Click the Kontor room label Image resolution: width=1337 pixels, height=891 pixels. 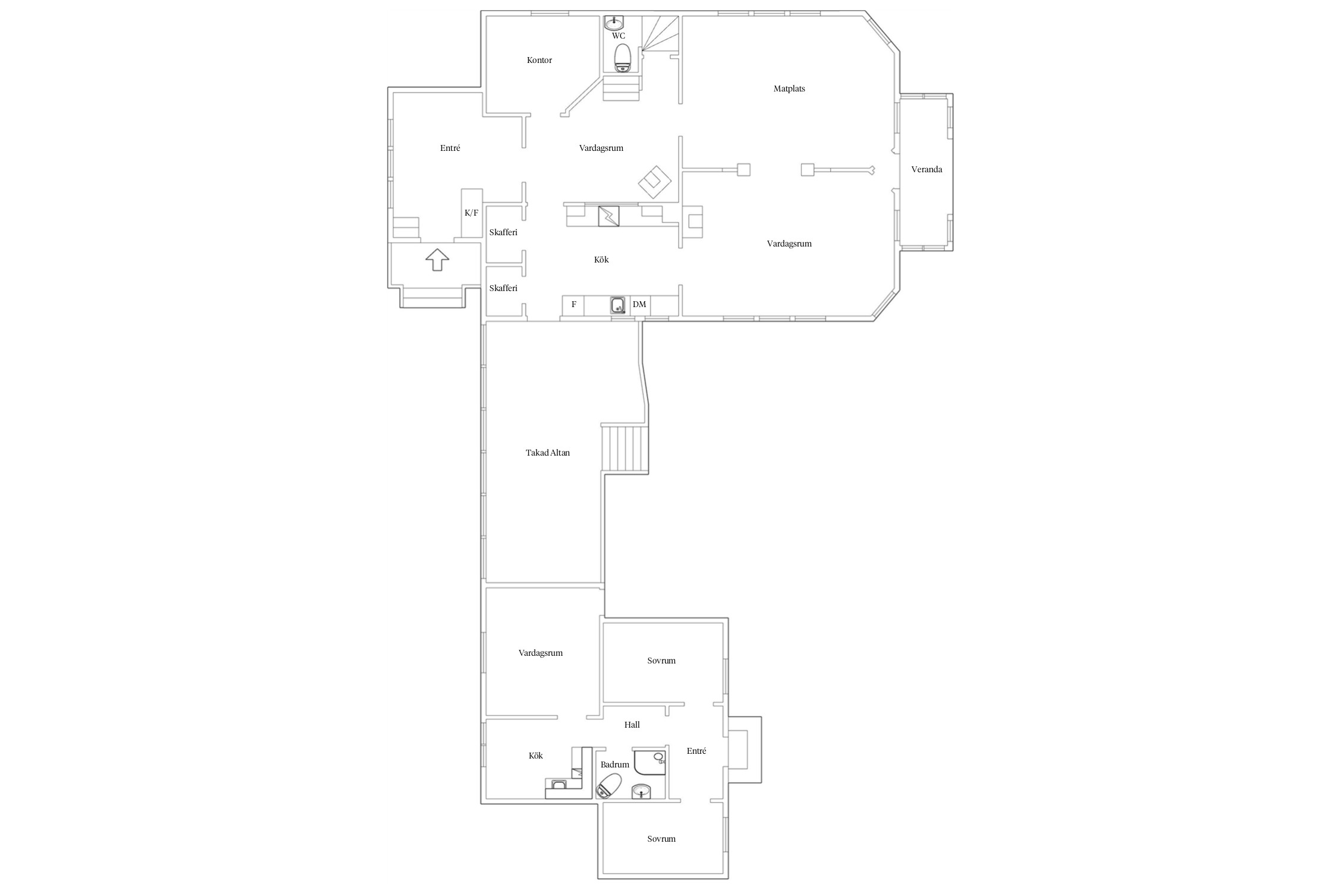click(x=540, y=60)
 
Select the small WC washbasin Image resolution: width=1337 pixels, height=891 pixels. click(x=614, y=23)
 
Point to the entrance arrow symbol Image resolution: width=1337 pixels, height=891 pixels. click(x=437, y=260)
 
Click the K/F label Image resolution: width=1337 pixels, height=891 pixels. click(x=471, y=213)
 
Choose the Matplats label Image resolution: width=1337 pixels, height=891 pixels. click(x=789, y=89)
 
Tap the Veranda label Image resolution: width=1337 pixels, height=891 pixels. click(x=926, y=169)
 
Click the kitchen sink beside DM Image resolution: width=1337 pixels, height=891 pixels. click(x=619, y=305)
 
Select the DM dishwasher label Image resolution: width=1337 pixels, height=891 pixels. click(x=639, y=305)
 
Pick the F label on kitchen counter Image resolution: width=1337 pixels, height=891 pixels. click(x=574, y=305)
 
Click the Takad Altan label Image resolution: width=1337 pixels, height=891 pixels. click(x=548, y=453)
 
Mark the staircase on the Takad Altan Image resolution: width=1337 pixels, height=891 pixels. click(x=625, y=448)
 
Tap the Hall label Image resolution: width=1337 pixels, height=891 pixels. click(x=632, y=725)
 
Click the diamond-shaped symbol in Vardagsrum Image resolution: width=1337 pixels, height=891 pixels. click(x=655, y=182)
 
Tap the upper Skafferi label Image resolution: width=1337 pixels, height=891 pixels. click(x=503, y=232)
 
